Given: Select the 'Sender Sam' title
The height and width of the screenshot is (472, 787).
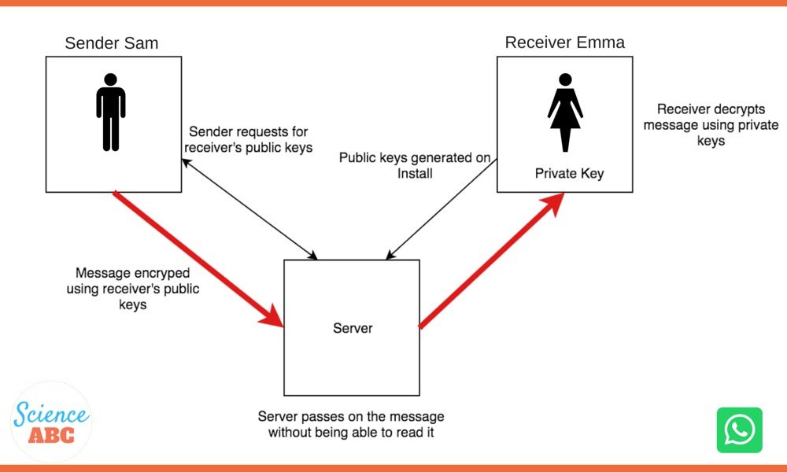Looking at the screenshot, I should [x=111, y=42].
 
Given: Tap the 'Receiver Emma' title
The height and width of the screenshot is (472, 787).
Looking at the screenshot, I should [x=565, y=42].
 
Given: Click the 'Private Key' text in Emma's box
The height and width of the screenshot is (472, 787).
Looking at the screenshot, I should [x=569, y=174].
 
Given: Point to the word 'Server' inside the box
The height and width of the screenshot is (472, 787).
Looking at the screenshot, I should [x=353, y=327].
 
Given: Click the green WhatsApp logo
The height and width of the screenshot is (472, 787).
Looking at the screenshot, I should [x=739, y=430].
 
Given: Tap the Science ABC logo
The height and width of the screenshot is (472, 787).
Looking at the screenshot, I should [x=51, y=422].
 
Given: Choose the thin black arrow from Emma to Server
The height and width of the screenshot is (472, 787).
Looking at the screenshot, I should [x=441, y=206].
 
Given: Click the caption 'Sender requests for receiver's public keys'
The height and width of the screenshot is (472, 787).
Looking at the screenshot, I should [x=248, y=139].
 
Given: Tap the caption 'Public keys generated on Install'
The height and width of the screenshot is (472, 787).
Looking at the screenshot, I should [x=415, y=165].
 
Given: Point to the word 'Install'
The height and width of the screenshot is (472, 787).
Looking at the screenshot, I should [x=415, y=173].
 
